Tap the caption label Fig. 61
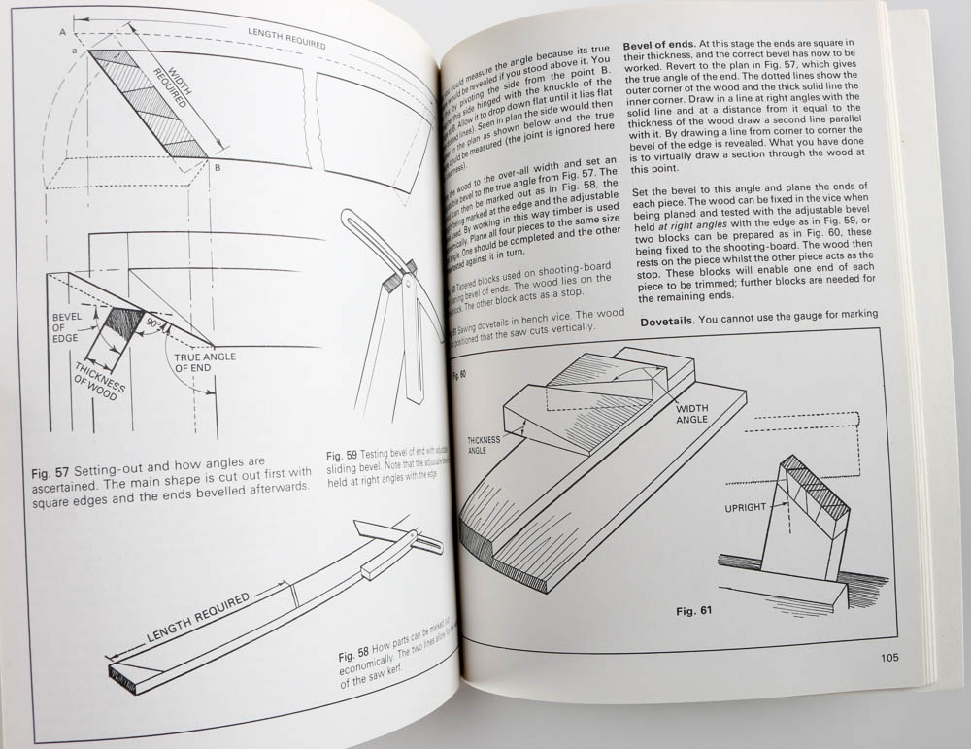click(x=693, y=612)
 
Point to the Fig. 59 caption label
click(x=342, y=454)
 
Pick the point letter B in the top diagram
click(x=217, y=168)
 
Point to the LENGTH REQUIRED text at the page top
click(x=285, y=38)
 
